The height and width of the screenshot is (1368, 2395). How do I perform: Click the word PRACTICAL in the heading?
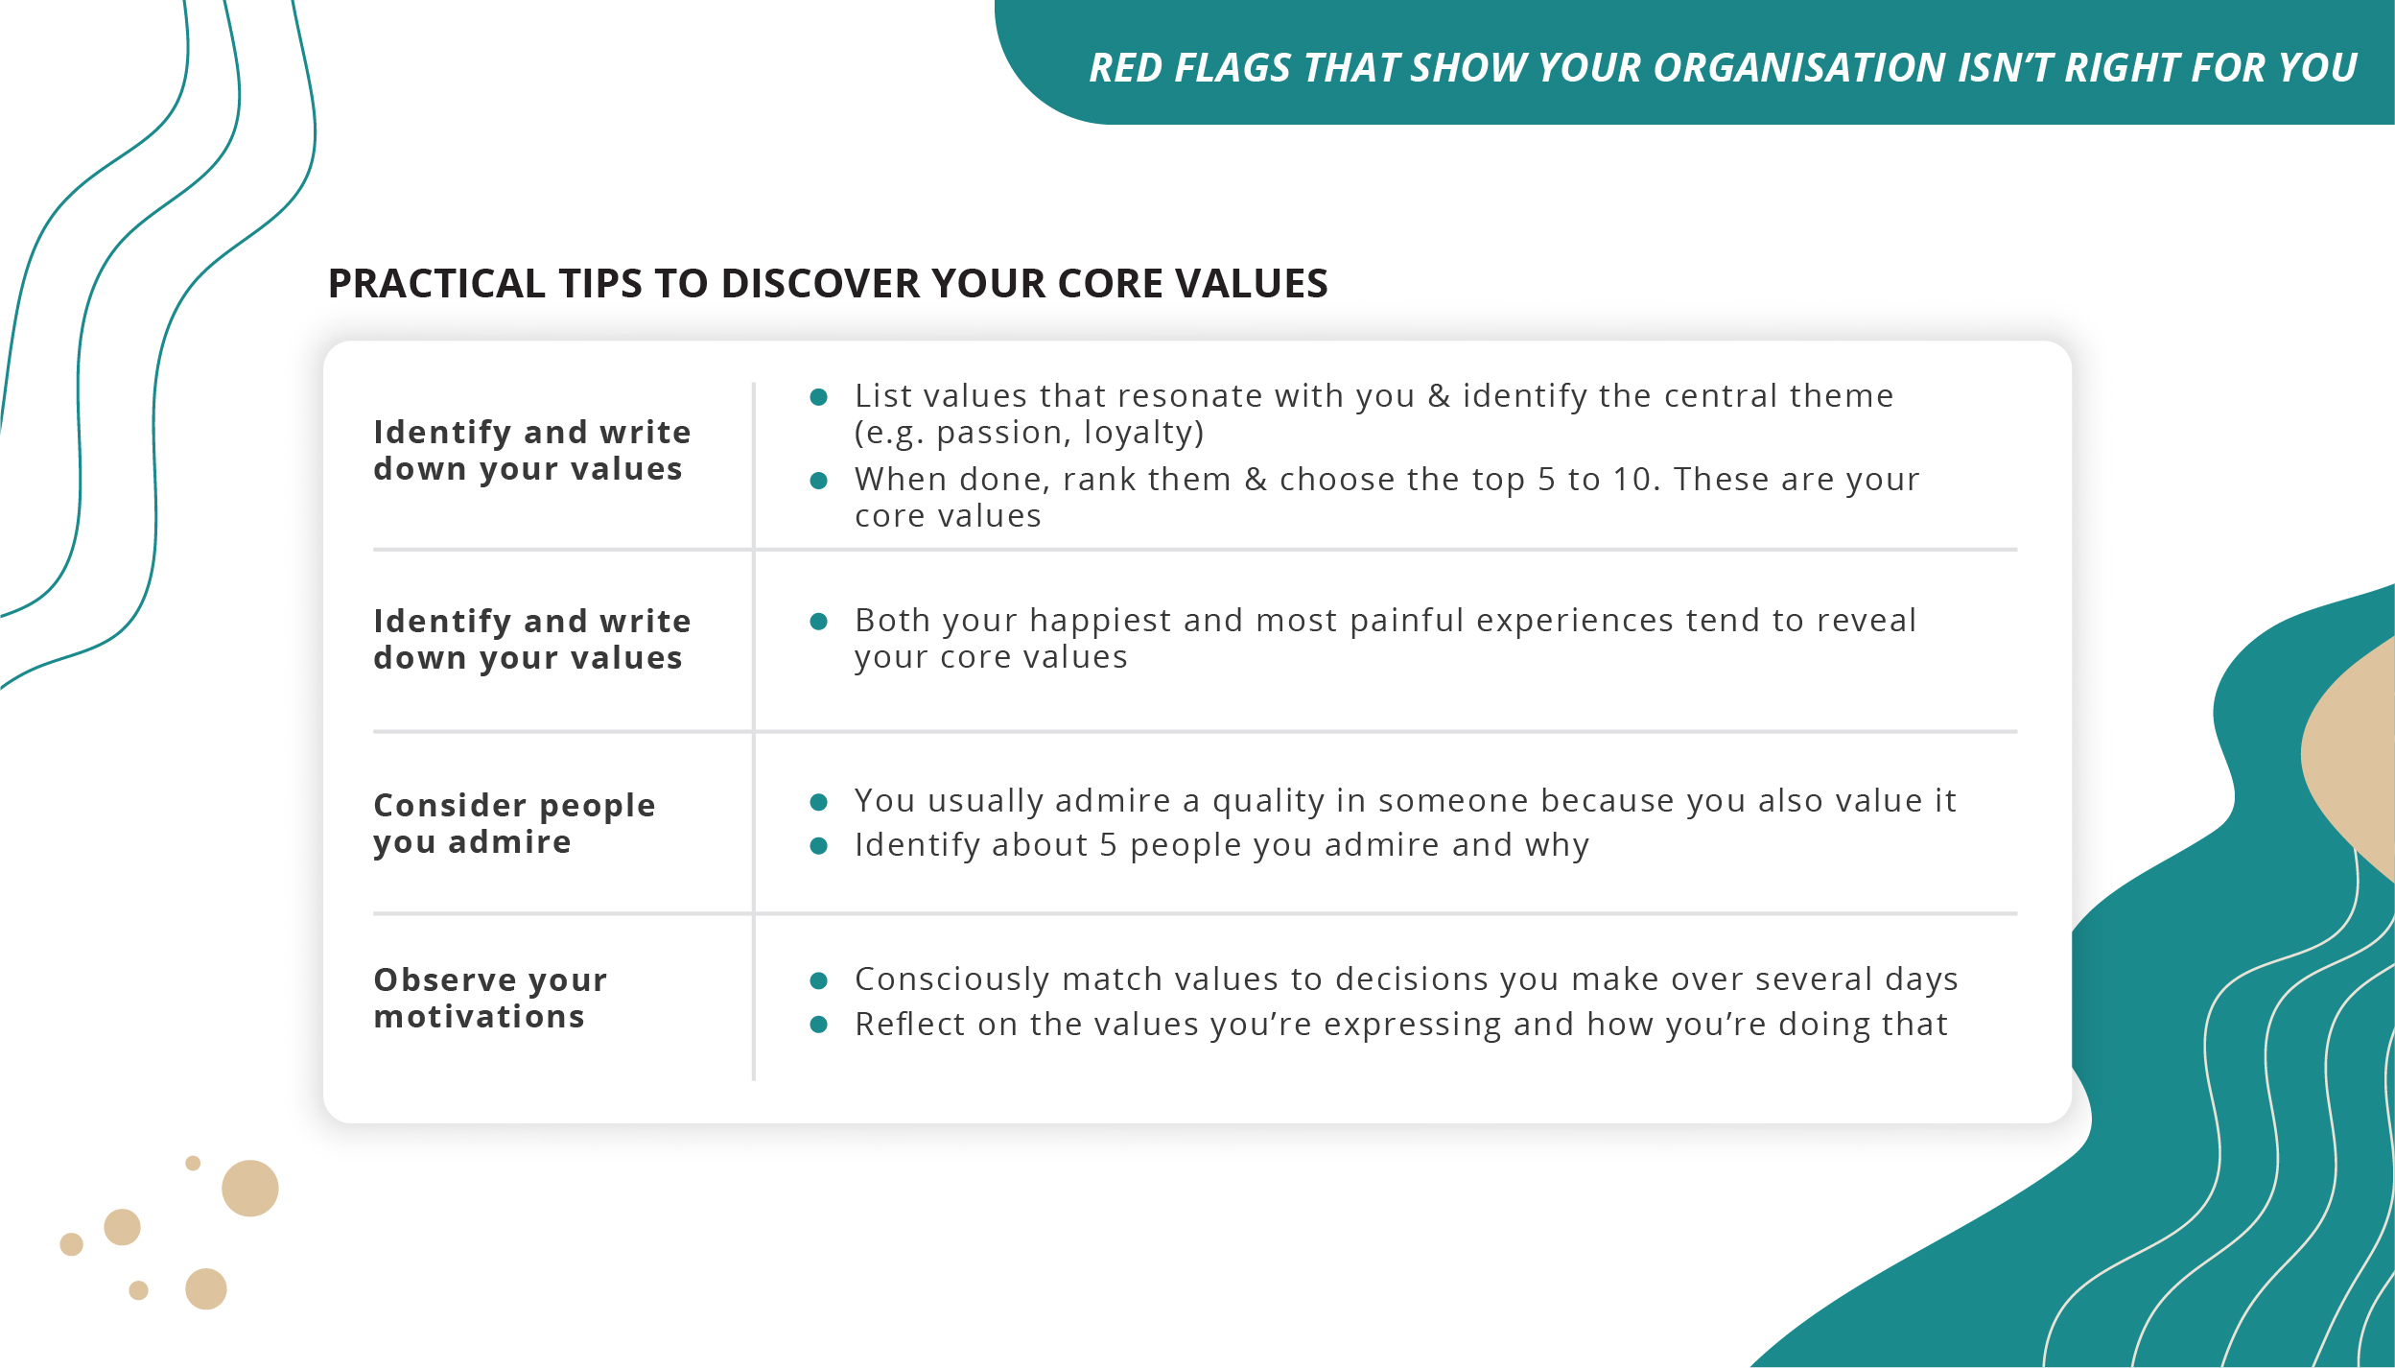click(436, 284)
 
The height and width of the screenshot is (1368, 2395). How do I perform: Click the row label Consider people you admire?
click(514, 823)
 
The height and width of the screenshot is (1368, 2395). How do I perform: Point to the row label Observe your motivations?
click(490, 998)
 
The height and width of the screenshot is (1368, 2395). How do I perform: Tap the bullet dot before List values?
click(818, 397)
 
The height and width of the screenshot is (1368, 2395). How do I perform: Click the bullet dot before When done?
click(818, 481)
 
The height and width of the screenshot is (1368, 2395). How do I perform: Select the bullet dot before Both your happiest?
click(818, 622)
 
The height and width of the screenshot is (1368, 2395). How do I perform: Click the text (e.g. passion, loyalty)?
click(1028, 433)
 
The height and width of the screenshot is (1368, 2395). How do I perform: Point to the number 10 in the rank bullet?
click(1629, 479)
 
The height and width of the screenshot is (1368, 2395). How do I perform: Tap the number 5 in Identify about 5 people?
click(1108, 845)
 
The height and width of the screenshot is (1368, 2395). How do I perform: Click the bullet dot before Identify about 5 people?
click(818, 845)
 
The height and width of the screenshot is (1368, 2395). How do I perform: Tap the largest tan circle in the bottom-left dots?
click(249, 1188)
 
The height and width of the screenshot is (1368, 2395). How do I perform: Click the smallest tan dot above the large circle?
click(193, 1163)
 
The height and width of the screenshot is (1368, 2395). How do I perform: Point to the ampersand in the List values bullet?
click(1438, 396)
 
